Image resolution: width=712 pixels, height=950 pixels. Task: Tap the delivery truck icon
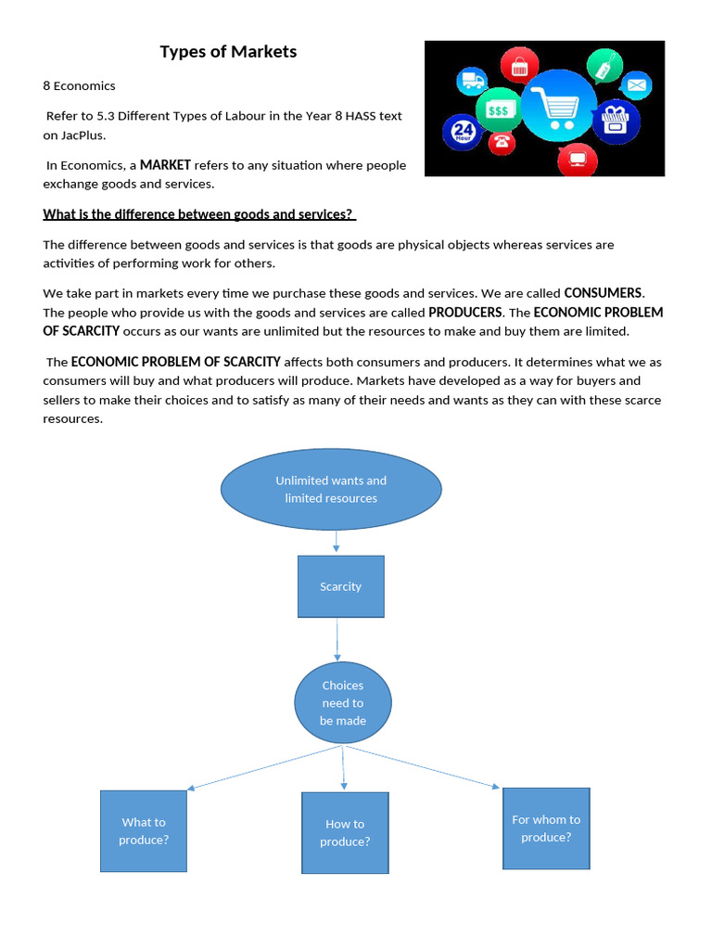coord(474,82)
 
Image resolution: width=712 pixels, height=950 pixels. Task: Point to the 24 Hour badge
coord(463,132)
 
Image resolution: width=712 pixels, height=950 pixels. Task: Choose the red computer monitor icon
coord(578,158)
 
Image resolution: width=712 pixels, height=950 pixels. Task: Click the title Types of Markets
coord(228,52)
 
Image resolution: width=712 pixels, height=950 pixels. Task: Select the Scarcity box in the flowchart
coord(340,586)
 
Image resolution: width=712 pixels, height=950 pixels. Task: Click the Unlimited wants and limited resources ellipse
coord(331,489)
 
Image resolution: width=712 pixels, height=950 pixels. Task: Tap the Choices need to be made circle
coord(343,702)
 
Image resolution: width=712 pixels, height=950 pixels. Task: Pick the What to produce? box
coord(144,830)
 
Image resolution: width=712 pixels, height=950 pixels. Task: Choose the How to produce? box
coord(345,832)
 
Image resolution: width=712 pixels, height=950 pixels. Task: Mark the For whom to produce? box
coord(546,828)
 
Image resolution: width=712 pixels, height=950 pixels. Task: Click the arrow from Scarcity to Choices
coord(337,639)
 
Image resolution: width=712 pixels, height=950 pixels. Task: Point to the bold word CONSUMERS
coord(603,293)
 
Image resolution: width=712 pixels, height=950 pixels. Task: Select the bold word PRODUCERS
coord(465,313)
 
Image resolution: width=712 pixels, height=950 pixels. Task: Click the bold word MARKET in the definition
coord(165,165)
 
